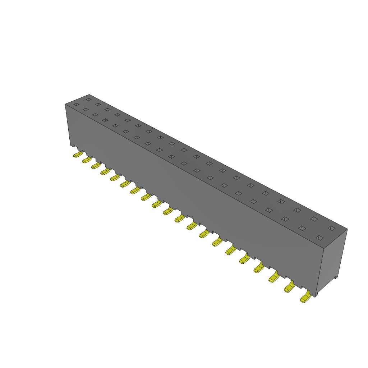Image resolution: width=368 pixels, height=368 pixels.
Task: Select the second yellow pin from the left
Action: point(86,160)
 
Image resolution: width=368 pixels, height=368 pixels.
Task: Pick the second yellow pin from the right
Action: point(289,287)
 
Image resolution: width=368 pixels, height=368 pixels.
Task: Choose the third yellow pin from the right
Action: point(274,277)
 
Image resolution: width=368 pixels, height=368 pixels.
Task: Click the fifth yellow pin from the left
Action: point(115,178)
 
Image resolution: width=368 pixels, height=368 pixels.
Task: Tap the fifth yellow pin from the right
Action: point(244,258)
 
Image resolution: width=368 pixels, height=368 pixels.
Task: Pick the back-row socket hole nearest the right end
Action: point(331,228)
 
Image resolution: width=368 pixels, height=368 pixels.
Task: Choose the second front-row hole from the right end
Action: point(302,228)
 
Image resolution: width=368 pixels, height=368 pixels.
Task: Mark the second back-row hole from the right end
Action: point(314,219)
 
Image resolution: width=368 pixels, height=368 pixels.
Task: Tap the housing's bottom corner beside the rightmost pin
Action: point(316,297)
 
